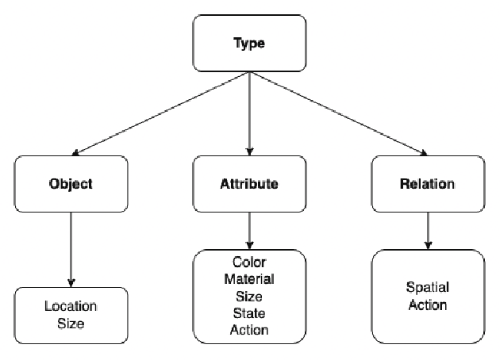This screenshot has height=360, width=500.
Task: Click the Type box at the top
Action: (249, 44)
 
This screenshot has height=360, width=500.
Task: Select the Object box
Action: (71, 183)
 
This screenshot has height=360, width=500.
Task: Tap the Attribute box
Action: (249, 183)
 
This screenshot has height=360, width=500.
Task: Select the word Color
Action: (249, 262)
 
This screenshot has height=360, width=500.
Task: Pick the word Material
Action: (249, 278)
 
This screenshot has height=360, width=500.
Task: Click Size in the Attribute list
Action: (249, 296)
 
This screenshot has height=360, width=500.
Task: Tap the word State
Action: (249, 312)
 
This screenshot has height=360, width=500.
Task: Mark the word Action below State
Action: (249, 329)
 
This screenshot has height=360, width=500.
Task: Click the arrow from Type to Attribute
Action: (250, 113)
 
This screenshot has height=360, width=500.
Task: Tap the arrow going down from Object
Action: (71, 250)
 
